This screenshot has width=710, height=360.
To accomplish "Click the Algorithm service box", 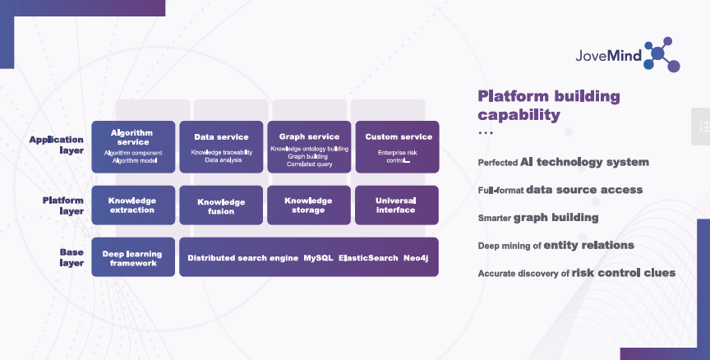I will click(133, 146).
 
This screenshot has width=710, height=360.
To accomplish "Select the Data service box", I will click(221, 146).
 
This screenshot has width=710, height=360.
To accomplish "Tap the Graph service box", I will click(309, 146).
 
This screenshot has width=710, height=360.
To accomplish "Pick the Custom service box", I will click(398, 146).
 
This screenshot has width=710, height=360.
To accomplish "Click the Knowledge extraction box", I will click(133, 205).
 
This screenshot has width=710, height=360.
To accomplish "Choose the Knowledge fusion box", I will click(221, 205).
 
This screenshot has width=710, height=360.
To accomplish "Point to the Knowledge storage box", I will click(308, 205).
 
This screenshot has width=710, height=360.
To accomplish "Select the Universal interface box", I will click(396, 205).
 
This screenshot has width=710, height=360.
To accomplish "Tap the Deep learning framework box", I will click(133, 257).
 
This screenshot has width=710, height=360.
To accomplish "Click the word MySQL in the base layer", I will click(318, 258).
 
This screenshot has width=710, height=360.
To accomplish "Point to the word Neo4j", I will click(417, 258).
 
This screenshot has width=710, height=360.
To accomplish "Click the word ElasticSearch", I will click(368, 258).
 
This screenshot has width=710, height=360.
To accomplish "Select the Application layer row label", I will click(58, 145).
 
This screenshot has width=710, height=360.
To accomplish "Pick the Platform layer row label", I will click(63, 205).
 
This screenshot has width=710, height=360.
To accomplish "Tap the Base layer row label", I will click(71, 257).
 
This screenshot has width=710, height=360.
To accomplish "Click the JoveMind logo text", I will click(609, 55).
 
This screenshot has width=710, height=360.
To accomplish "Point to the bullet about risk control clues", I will click(576, 273).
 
